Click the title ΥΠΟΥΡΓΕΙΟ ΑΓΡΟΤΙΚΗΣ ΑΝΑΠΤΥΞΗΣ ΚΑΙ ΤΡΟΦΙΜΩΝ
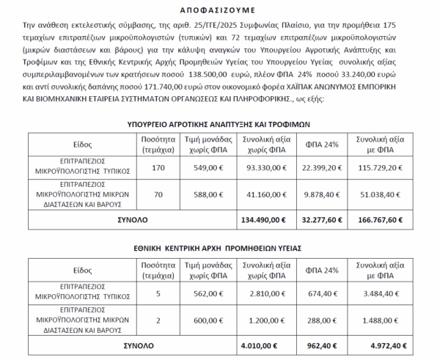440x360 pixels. click(220, 124)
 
